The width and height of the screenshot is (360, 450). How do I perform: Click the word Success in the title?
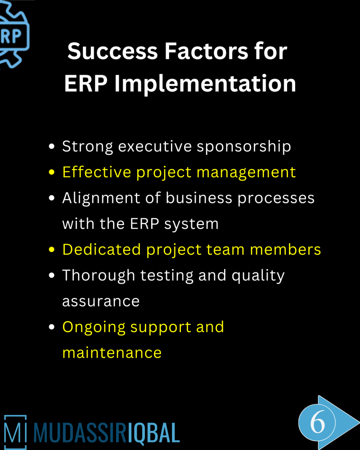click(x=113, y=51)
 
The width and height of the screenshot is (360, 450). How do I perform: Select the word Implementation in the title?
click(x=205, y=84)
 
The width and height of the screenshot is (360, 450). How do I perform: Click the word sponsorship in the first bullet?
click(x=244, y=147)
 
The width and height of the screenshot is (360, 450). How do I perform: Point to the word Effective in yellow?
click(x=97, y=172)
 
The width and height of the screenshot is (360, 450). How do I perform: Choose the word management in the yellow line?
click(x=246, y=173)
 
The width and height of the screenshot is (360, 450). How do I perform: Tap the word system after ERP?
click(x=191, y=225)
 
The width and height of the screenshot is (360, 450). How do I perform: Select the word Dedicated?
click(x=102, y=249)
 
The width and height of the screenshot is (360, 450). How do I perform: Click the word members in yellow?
click(x=285, y=249)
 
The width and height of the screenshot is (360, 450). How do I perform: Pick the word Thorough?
click(x=99, y=275)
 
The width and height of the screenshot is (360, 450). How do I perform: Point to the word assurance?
click(x=101, y=301)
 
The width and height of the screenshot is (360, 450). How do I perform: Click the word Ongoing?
click(x=94, y=328)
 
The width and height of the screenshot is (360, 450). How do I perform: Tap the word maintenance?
click(x=112, y=353)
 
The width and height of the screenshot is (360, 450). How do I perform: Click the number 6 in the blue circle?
click(x=318, y=422)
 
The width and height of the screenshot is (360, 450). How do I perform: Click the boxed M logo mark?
click(x=15, y=432)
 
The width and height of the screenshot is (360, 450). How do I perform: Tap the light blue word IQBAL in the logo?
click(x=153, y=433)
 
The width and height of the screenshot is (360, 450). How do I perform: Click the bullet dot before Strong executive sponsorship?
click(x=52, y=146)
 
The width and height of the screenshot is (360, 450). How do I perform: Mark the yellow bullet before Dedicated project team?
click(x=52, y=249)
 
